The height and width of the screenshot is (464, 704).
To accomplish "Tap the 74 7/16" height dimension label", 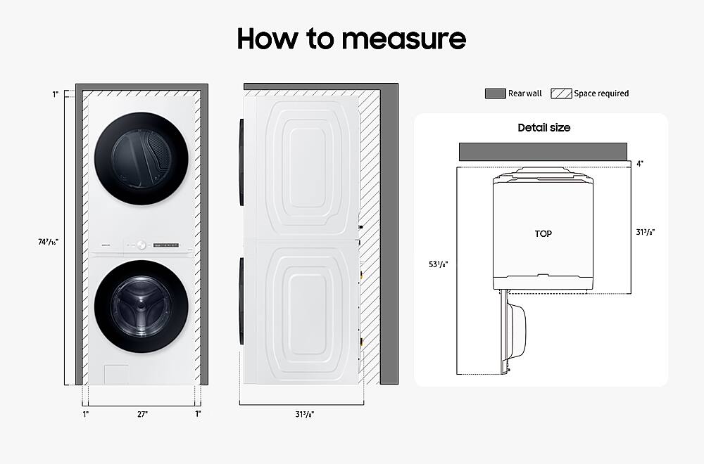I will (49, 241).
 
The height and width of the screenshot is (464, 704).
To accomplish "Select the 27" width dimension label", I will (142, 414).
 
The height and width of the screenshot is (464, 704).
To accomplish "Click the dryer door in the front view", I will (143, 160).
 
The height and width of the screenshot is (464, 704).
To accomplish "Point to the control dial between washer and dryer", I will (141, 245).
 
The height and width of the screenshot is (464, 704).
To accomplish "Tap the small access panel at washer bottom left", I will (116, 374).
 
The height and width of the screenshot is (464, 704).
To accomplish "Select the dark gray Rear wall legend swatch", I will (495, 94).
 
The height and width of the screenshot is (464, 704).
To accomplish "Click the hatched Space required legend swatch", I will (560, 94).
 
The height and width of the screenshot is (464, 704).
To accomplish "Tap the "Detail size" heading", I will (543, 128).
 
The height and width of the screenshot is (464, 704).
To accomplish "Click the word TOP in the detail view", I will (543, 233).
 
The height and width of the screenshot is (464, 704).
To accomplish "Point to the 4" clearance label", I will (639, 163).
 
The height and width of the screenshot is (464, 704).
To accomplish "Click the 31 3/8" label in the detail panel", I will (646, 231).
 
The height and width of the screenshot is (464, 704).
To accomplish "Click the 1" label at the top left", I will (55, 94).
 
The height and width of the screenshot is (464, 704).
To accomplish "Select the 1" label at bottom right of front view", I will (198, 414).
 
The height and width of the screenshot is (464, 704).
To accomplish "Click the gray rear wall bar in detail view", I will (543, 151).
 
